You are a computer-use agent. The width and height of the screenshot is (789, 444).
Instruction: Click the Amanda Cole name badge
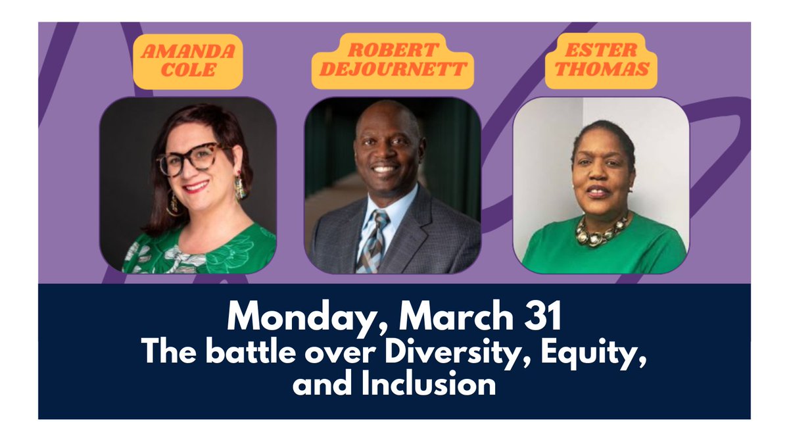(188, 61)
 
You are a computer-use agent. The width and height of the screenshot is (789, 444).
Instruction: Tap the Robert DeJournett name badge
(393, 61)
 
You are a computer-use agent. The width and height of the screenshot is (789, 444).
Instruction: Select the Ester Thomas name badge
(601, 61)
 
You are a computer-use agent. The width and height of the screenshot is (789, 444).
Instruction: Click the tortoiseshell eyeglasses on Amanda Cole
(192, 159)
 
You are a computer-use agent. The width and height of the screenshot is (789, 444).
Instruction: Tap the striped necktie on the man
(371, 241)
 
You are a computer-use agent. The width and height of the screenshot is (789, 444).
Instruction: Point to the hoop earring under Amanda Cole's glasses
(174, 204)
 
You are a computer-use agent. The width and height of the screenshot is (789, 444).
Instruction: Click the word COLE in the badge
(188, 70)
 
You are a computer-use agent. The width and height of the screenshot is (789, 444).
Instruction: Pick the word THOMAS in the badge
(602, 68)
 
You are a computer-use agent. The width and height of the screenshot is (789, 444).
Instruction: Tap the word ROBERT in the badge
(393, 50)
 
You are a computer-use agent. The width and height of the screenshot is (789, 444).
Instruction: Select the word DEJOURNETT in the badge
(393, 68)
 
